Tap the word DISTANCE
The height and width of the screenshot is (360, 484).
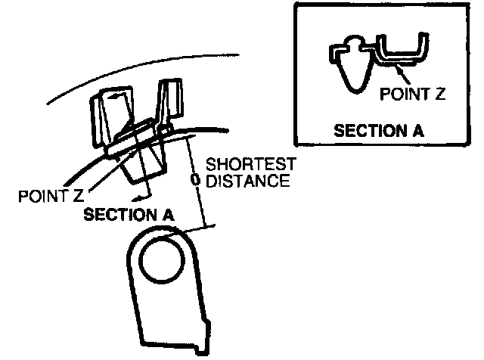coord(248,181)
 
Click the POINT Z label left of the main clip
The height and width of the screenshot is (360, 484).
coord(51,197)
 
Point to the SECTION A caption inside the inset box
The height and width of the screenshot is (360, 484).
coord(379,129)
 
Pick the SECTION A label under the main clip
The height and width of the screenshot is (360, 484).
coord(129,214)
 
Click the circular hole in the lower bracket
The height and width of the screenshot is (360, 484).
coord(160,262)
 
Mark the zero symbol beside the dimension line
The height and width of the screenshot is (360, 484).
coord(195,181)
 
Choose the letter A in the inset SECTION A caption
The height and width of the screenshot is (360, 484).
coord(417,129)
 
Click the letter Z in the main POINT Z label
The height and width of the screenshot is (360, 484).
coord(78,197)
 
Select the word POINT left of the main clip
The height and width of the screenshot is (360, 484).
coord(42,197)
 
